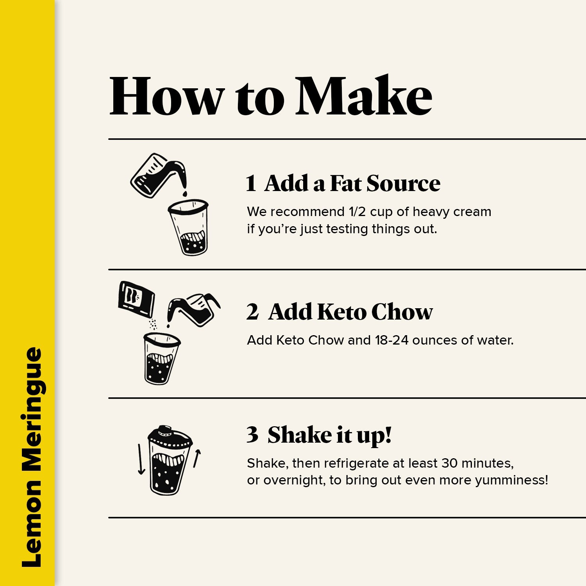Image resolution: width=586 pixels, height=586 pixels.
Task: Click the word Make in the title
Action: [364, 96]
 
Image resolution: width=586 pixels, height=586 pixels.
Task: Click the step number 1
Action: [251, 184]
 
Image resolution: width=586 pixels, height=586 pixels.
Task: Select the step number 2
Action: [252, 312]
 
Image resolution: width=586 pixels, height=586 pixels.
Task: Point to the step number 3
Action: [252, 434]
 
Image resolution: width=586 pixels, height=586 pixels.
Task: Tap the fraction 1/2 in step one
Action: [357, 212]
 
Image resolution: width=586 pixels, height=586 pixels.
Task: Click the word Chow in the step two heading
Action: [402, 312]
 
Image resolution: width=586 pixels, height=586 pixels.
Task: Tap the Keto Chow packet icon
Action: [136, 299]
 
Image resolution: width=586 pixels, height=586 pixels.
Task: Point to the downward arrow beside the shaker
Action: [141, 459]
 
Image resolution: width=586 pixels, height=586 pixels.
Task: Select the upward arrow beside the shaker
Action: [197, 459]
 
